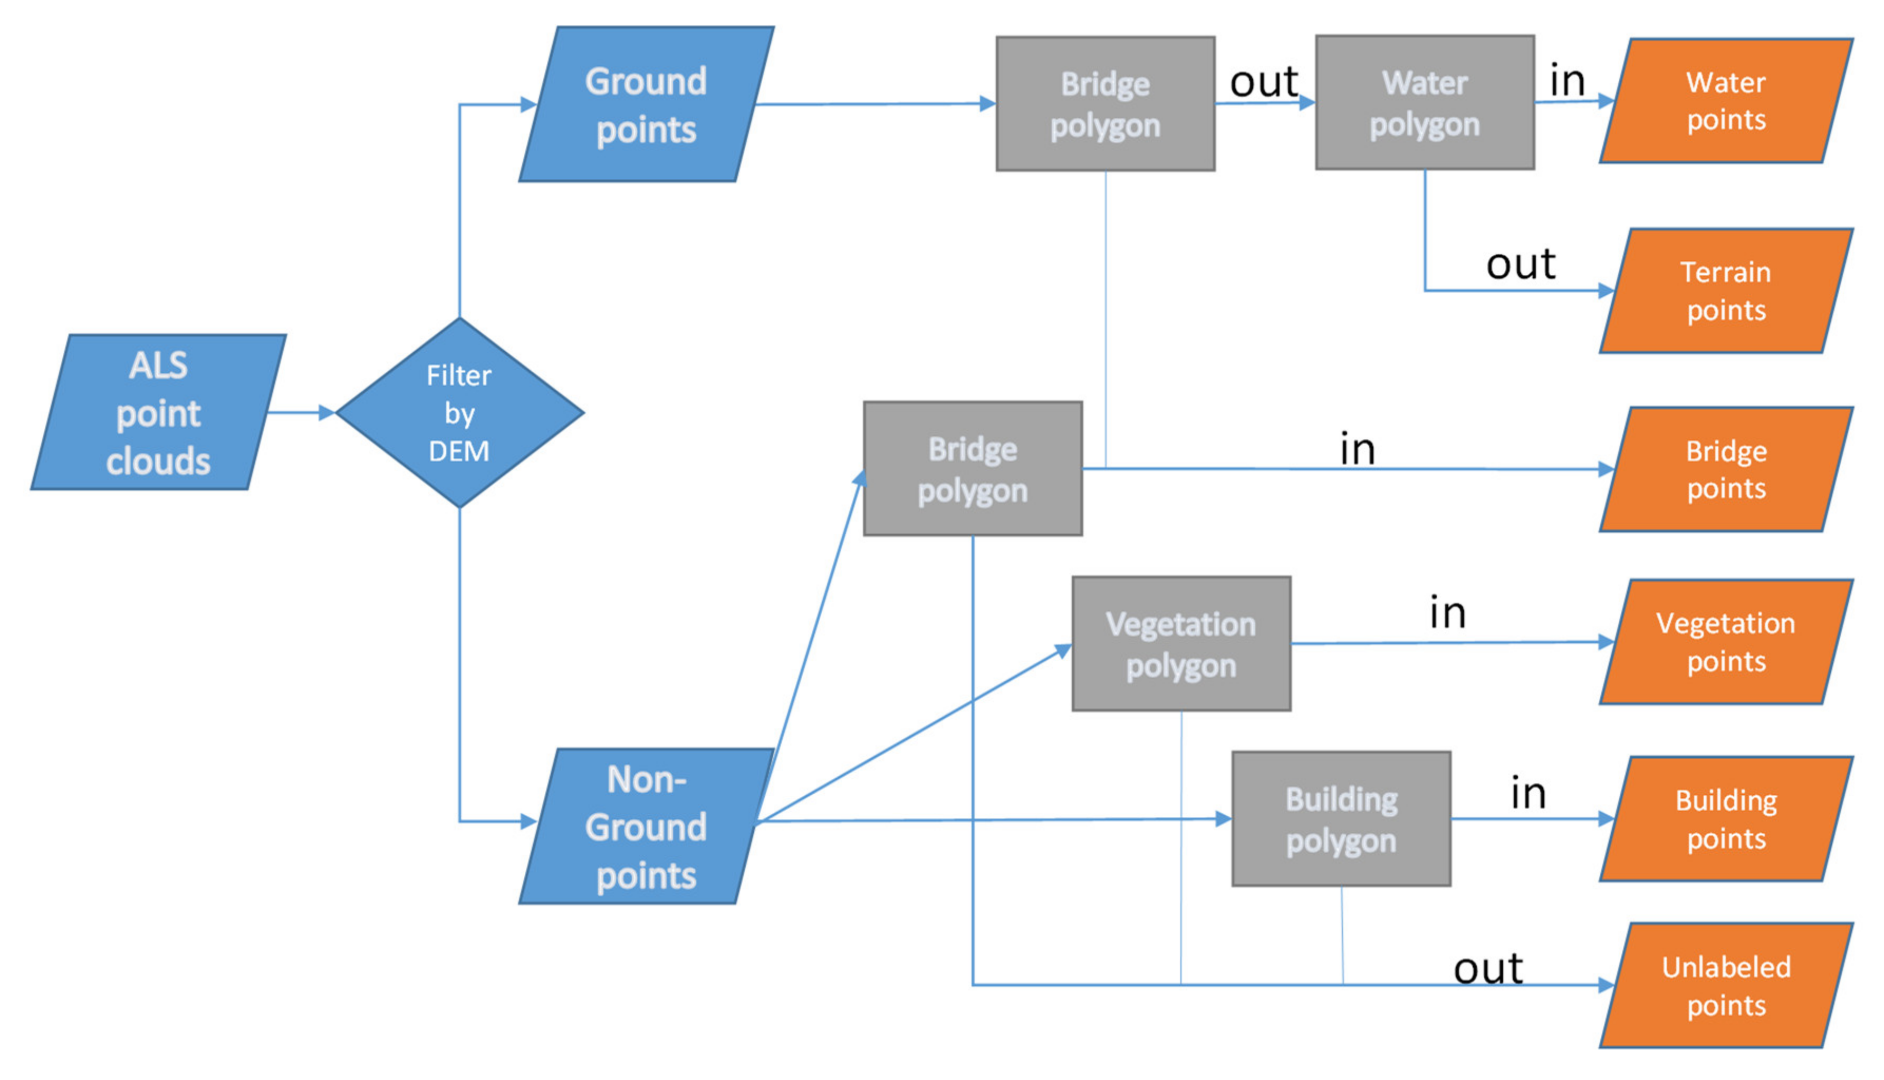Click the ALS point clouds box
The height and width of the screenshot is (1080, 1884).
pos(158,412)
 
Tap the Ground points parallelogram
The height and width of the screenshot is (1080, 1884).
pos(646,104)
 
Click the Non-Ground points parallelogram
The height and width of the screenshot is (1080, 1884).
pos(646,826)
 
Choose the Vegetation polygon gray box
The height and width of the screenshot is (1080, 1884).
pos(1181,644)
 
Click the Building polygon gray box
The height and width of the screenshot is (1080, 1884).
pos(1341,819)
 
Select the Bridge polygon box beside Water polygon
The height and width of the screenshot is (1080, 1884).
pos(1105,104)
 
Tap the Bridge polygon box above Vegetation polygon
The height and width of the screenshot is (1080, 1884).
pos(973,469)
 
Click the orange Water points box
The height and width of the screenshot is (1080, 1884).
pos(1726,101)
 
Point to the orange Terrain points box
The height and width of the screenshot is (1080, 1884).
pos(1726,291)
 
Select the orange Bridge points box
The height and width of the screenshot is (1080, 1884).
pos(1726,469)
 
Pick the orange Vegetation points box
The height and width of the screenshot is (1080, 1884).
pos(1726,642)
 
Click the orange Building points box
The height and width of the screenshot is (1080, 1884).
pos(1726,819)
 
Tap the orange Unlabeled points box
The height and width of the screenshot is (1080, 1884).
pos(1726,985)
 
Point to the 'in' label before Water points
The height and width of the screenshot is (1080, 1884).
pos(1568,80)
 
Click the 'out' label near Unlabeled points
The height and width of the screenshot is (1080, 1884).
pos(1488,968)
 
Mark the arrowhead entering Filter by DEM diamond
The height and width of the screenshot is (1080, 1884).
pos(327,412)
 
